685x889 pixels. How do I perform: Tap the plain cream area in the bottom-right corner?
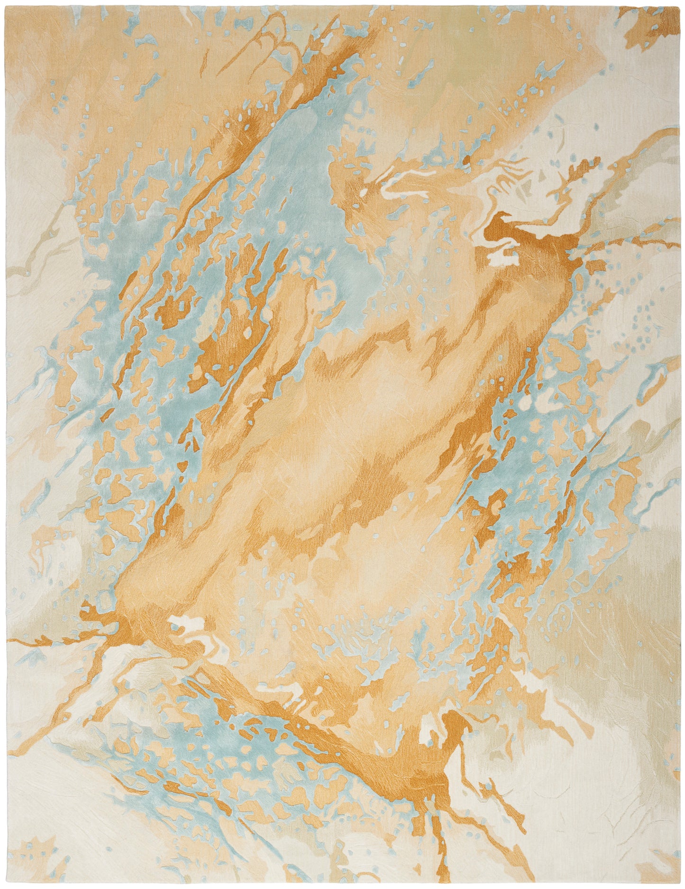click(x=616, y=830)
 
